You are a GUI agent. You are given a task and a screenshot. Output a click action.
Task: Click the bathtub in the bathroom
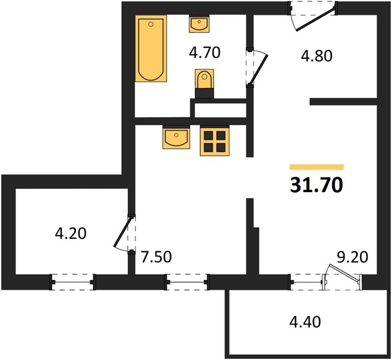(x=151, y=49)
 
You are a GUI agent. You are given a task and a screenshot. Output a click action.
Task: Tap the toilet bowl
(x=204, y=79)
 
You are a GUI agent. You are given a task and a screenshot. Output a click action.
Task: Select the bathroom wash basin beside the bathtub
(x=199, y=24)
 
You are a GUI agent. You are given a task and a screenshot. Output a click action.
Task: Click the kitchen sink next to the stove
(x=176, y=137)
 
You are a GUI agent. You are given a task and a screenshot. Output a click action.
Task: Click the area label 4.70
(x=205, y=53)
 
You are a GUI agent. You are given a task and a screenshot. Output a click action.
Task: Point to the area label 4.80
(x=316, y=56)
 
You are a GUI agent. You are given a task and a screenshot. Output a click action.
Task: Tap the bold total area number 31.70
(x=316, y=185)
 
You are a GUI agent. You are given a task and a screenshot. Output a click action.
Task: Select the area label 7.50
(x=156, y=257)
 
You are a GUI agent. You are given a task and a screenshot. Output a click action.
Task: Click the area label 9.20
(x=352, y=257)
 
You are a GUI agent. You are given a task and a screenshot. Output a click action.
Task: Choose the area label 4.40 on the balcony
(x=304, y=322)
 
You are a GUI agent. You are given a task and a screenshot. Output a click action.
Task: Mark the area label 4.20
(x=71, y=233)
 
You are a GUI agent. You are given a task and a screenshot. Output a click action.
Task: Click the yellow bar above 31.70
(x=316, y=167)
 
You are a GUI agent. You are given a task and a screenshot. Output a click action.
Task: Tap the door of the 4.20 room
(x=123, y=232)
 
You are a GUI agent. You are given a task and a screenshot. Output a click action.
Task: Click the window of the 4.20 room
(x=73, y=282)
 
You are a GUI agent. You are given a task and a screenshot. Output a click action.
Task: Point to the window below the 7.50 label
(x=187, y=282)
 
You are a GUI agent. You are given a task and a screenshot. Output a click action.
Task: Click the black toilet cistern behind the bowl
(x=204, y=94)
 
